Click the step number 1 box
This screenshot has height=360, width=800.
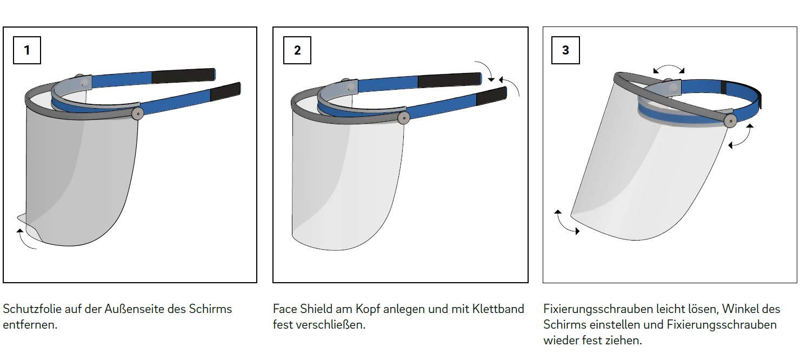click(x=27, y=50)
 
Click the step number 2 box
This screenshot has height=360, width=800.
click(x=297, y=50)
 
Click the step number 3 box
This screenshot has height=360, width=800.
click(x=565, y=50)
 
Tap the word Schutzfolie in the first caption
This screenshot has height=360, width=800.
click(x=32, y=309)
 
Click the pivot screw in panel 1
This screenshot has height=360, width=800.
click(x=137, y=114)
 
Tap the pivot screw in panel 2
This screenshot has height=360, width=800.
click(x=404, y=118)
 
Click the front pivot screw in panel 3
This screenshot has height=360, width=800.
click(x=731, y=121)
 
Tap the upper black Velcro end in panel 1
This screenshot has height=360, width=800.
click(x=184, y=76)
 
